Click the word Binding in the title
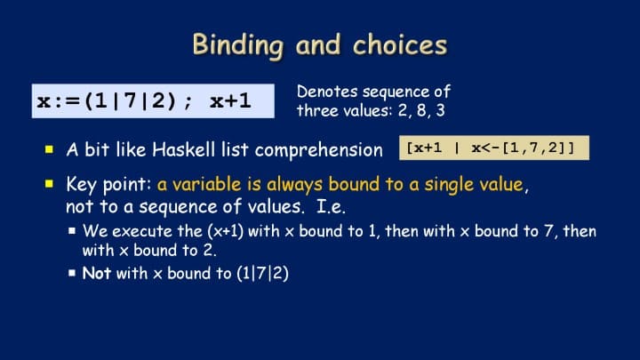point(237,45)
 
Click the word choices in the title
point(400,44)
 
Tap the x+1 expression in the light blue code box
point(230,100)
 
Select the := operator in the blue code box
point(66,101)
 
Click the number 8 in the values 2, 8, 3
point(422,110)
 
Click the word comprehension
point(319,150)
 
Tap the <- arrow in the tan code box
point(490,148)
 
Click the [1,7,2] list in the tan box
point(538,148)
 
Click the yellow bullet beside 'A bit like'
point(50,149)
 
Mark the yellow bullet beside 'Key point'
point(50,184)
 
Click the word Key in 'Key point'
point(82,185)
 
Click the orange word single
point(450,185)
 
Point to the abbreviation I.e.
point(331,206)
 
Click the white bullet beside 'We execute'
point(72,231)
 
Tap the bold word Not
point(96,273)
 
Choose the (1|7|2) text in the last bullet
point(262,274)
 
